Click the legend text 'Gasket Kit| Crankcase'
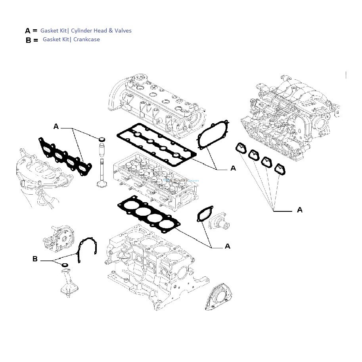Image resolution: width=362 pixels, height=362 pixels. [x=71, y=40]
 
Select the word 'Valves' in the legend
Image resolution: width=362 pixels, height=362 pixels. [x=123, y=31]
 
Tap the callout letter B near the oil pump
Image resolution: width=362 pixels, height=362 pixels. [x=35, y=259]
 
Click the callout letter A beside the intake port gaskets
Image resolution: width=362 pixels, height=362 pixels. [x=300, y=209]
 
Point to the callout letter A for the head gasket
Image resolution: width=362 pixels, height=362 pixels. [x=228, y=246]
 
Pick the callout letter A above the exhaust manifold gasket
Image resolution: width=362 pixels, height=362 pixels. [x=56, y=126]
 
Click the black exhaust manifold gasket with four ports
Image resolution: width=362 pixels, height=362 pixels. [x=65, y=157]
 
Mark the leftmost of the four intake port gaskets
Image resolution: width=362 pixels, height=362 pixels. [x=241, y=149]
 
